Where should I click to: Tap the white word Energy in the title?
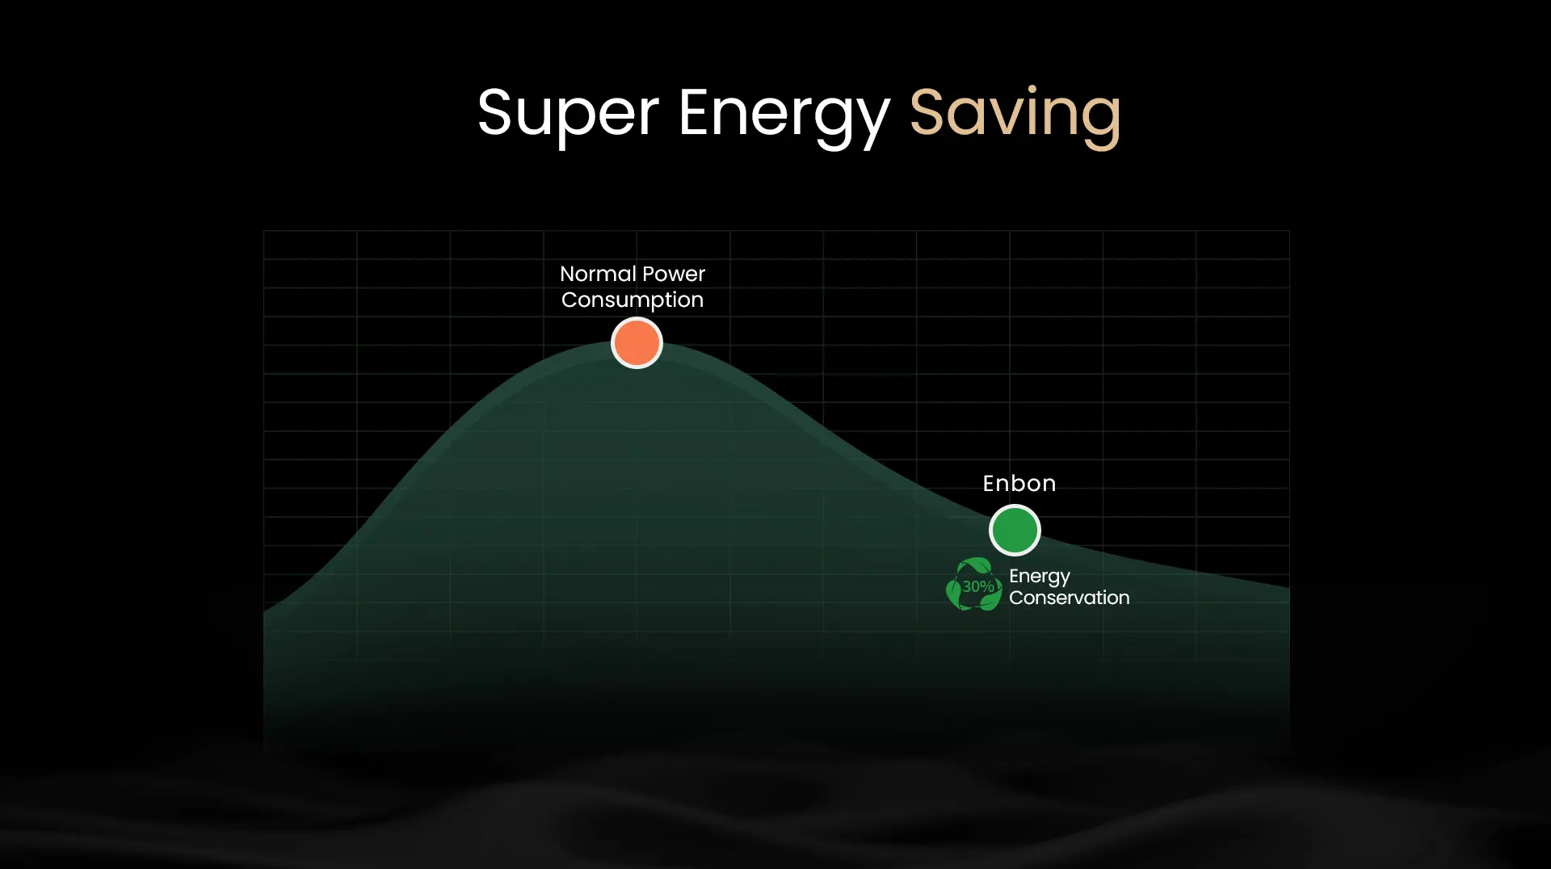784,116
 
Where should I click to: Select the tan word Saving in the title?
1015,116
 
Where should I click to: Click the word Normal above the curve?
598,274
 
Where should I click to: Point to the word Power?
674,274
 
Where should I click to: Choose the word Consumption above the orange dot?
633,300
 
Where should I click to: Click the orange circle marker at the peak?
637,342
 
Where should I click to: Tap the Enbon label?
1019,483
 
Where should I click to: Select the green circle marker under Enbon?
1015,530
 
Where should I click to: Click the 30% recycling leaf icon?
974,585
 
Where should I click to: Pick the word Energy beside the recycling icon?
1040,577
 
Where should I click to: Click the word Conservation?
1070,598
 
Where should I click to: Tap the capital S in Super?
495,112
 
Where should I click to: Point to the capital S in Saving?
927,112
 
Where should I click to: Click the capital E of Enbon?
990,483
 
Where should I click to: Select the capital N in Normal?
568,274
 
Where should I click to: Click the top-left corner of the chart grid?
264,231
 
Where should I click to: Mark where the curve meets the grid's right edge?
1289,588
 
